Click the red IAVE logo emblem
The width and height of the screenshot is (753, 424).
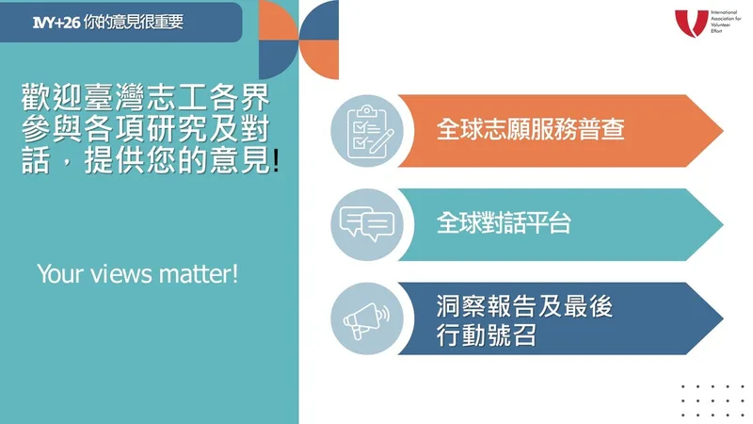point(692,24)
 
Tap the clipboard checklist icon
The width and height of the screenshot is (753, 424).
point(368,131)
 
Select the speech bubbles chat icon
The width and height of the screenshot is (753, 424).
point(367,224)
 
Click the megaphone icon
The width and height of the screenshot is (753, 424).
point(366,319)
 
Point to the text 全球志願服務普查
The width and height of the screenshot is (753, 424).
point(530,129)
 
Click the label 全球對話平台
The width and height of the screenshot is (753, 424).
point(504,223)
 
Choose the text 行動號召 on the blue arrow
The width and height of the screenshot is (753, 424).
point(486,335)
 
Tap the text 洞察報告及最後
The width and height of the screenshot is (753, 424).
point(524,306)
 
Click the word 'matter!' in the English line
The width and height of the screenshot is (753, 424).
point(199,274)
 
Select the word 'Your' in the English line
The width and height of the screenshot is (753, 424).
point(61,274)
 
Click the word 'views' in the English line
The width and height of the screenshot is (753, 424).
point(121,274)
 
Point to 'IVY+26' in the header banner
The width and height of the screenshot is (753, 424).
point(56,22)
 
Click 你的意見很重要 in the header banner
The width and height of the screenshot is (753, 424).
point(134,22)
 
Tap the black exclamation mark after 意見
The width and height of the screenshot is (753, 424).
point(276,160)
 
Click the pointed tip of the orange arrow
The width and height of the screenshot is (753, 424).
point(723,131)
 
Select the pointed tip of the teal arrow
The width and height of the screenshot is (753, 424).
point(723,224)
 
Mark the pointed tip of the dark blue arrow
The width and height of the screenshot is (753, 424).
point(723,318)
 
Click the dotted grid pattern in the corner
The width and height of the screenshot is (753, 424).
point(713,401)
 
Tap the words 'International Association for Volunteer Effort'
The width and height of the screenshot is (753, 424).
point(726,22)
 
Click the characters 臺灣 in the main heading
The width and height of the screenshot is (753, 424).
point(114,98)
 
